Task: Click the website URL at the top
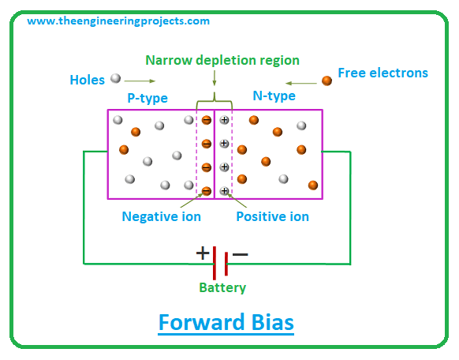click(x=118, y=21)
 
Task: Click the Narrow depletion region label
click(x=222, y=60)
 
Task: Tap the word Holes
click(x=88, y=80)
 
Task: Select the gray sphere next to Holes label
click(x=116, y=78)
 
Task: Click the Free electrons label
click(x=382, y=73)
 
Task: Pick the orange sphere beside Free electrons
click(x=327, y=81)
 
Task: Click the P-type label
click(x=147, y=98)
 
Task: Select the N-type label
click(x=274, y=96)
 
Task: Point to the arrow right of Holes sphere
click(x=140, y=81)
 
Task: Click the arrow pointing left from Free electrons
click(x=301, y=84)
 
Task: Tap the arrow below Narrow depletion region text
click(x=215, y=78)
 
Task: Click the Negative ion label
click(x=162, y=217)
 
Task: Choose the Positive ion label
click(x=273, y=217)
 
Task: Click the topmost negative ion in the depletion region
click(x=207, y=120)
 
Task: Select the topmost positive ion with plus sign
click(x=224, y=120)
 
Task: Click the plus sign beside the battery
click(x=203, y=253)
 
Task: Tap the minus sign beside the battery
click(x=241, y=254)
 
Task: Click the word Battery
click(x=222, y=287)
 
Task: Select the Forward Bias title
click(x=226, y=323)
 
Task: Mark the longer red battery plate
click(x=215, y=263)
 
